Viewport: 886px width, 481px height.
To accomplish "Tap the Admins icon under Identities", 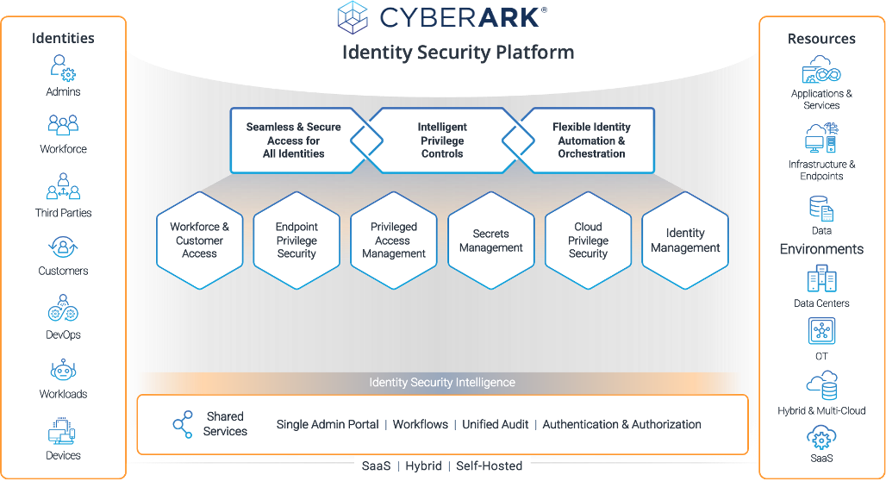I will point(63,68).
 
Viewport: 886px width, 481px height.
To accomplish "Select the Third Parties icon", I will point(63,186).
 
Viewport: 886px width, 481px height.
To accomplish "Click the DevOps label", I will point(63,334).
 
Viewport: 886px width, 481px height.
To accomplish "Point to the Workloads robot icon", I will point(63,371).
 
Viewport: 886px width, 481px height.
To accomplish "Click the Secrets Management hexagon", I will point(491,240).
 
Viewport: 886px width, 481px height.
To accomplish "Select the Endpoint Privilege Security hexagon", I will point(296,240).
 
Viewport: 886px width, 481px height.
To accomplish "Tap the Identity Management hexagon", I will point(685,240).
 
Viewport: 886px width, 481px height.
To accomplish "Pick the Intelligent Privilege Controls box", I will point(442,140).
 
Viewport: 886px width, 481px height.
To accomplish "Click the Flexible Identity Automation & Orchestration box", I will point(591,140).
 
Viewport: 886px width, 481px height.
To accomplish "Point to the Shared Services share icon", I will point(183,424).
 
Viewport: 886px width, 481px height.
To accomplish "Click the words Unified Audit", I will point(496,424).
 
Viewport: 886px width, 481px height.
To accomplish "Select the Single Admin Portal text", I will point(328,424).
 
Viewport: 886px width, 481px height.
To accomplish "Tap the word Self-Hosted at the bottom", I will point(489,465).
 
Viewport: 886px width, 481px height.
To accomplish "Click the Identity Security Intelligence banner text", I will point(442,382).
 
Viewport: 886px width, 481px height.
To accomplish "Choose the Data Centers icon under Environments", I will point(821,280).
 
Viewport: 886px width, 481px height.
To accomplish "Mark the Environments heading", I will point(821,249).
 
